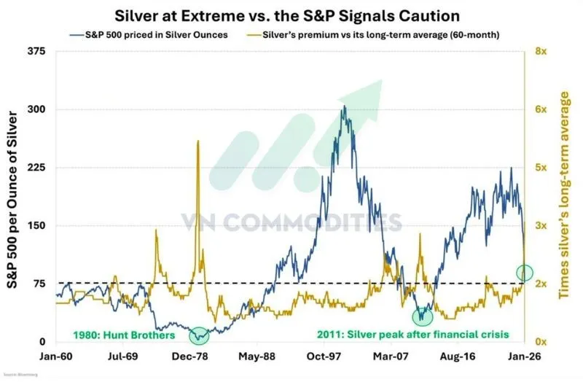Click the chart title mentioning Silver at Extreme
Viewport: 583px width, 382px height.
(x=291, y=15)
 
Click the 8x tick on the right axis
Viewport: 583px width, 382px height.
(x=541, y=52)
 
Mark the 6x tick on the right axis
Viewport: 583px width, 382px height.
(x=541, y=109)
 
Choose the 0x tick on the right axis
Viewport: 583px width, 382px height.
(x=541, y=342)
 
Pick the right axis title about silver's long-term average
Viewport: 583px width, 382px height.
(x=565, y=197)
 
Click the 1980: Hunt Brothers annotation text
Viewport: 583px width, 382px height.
(x=124, y=336)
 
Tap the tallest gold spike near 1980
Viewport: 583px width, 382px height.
(x=198, y=141)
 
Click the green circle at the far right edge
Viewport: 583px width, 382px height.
(x=525, y=273)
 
